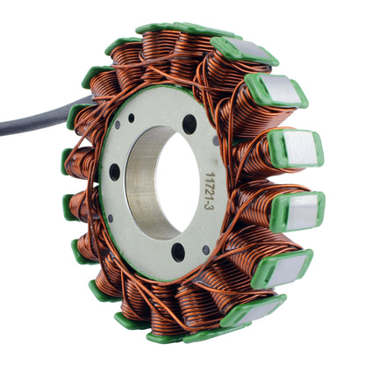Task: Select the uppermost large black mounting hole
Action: click(190, 124)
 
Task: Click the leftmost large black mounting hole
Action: click(115, 172)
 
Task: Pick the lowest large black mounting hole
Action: click(179, 253)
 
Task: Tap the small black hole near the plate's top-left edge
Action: click(131, 118)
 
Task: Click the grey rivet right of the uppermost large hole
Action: click(217, 140)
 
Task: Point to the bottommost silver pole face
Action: click(254, 310)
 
